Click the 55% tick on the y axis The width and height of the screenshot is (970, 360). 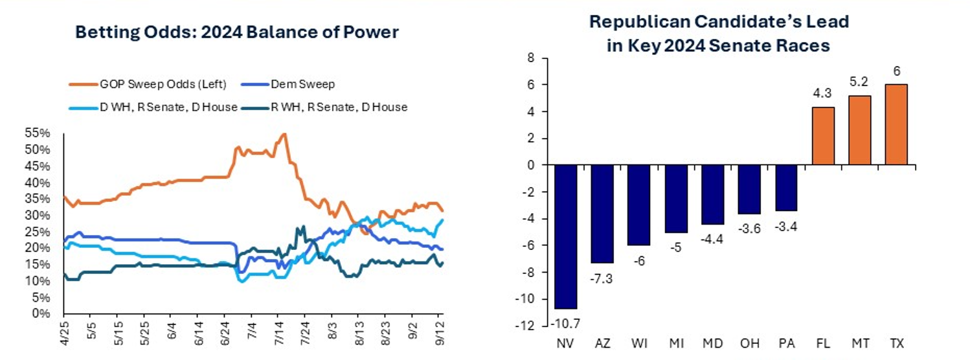pyautogui.click(x=38, y=133)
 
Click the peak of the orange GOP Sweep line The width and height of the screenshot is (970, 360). pyautogui.click(x=284, y=134)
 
